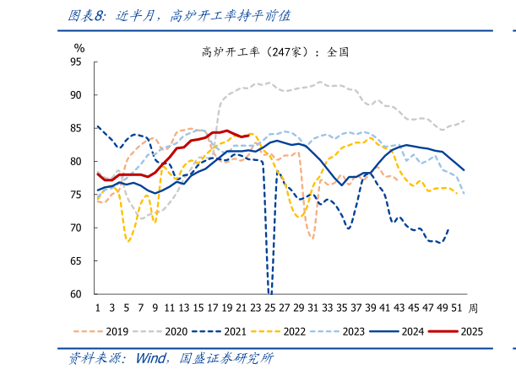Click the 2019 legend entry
(116, 330)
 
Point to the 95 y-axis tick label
(76, 62)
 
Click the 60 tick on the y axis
(76, 294)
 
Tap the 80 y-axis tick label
(76, 162)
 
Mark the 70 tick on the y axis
(76, 228)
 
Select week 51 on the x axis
(457, 308)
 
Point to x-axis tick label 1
(98, 308)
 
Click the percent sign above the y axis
(79, 47)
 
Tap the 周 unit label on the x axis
(474, 308)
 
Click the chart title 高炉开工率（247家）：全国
(275, 51)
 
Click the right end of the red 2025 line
(249, 134)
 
